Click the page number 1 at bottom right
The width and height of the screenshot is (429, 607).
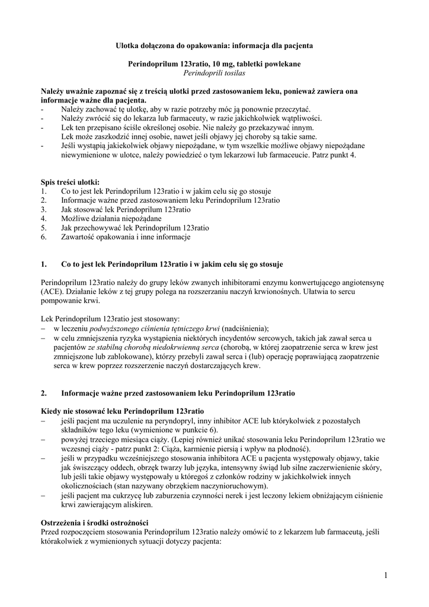385,575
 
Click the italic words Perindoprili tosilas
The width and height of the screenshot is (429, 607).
214,73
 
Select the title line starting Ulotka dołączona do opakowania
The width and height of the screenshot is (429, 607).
214,44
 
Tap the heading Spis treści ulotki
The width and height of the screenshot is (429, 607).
70,182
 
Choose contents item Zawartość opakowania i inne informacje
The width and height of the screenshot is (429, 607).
126,237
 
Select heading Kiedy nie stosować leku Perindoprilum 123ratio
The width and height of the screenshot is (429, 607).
121,411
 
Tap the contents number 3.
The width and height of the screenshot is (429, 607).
44,209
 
